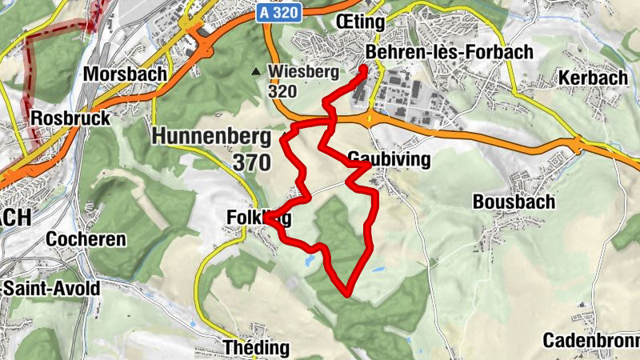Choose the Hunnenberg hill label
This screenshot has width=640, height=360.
pyautogui.click(x=210, y=136)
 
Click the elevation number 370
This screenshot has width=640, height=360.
pyautogui.click(x=254, y=162)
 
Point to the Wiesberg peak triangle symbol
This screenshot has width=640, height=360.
pyautogui.click(x=256, y=71)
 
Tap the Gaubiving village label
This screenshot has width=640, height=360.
pyautogui.click(x=390, y=159)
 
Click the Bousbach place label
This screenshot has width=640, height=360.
pyautogui.click(x=514, y=202)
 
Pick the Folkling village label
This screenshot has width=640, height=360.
pyautogui.click(x=258, y=217)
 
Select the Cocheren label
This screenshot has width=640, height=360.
pyautogui.click(x=86, y=239)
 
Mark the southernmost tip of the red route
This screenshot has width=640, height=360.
pyautogui.click(x=347, y=294)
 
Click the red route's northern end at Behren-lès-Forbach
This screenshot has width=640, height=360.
pyautogui.click(x=364, y=69)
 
